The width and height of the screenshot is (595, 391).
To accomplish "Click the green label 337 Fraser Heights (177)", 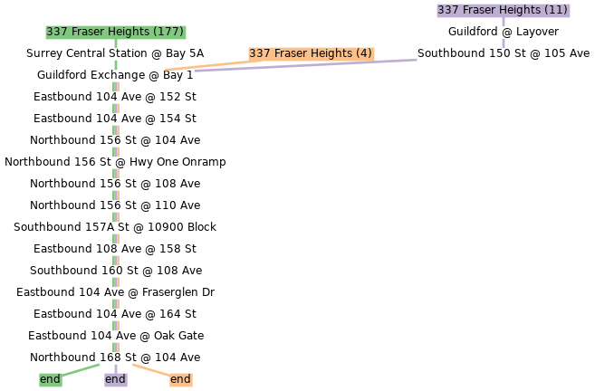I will [115, 32].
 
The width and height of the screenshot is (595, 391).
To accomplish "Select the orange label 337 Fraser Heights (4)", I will [311, 53].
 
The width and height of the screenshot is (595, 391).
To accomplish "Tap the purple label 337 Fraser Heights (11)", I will [503, 10].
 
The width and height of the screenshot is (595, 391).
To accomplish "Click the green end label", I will [50, 379].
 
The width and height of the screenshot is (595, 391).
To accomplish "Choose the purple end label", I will [115, 379].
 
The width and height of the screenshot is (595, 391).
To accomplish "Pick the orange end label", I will [180, 379].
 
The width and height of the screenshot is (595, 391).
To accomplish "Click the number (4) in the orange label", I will [363, 53].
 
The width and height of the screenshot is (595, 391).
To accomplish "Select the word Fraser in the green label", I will [88, 32].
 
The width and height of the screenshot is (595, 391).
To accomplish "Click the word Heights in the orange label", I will [331, 53].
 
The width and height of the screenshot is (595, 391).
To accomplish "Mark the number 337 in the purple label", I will [447, 10].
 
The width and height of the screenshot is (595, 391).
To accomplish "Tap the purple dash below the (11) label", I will [504, 43].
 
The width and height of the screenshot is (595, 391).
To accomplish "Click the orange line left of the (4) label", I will [204, 66].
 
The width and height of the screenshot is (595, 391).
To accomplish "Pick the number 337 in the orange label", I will [260, 53].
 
